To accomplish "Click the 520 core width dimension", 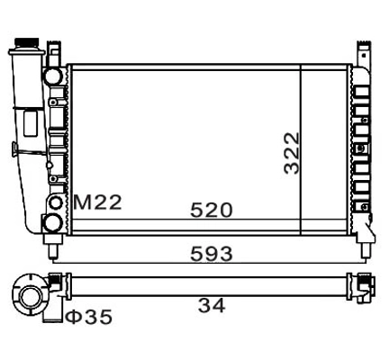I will (x=211, y=210).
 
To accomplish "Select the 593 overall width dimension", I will (x=211, y=253).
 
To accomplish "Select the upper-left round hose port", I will (x=55, y=75).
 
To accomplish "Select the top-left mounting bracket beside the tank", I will (x=55, y=50).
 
